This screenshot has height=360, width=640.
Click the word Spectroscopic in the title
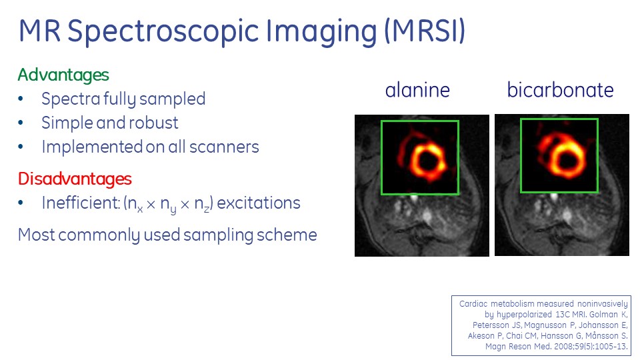tap(163, 32)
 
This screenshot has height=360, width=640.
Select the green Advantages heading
tap(63, 75)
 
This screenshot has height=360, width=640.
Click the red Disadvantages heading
tap(75, 179)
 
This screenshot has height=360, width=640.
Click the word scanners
tap(224, 147)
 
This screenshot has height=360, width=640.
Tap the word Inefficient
tap(81, 203)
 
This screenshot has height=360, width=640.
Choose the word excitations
tap(259, 203)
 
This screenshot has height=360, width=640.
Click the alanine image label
tap(417, 90)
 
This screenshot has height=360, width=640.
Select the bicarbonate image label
tap(560, 90)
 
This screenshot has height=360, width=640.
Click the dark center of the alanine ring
tap(427, 161)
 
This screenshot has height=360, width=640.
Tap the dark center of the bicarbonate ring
tap(567, 157)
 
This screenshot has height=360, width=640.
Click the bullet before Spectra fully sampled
tap(21, 99)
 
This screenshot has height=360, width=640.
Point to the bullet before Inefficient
tap(21, 203)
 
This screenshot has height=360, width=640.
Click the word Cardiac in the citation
tap(473, 304)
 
